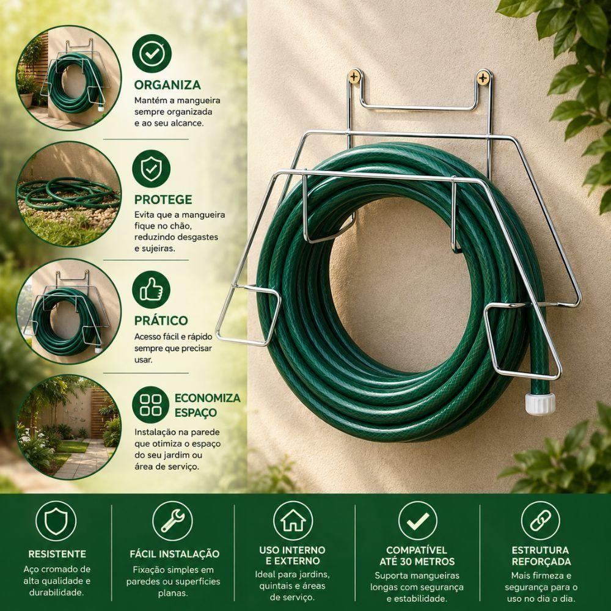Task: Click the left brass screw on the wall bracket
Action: (354, 76)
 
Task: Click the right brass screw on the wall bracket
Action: (483, 78)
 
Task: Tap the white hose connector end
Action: (540, 404)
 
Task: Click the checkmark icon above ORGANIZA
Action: (152, 53)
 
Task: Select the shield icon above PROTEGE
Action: (151, 169)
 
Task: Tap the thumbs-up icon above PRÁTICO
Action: (151, 290)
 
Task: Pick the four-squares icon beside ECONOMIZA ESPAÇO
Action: (150, 405)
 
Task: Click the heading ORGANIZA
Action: (167, 85)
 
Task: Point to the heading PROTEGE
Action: (163, 200)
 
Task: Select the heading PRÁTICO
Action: (161, 320)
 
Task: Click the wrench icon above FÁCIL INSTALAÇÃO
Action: (173, 521)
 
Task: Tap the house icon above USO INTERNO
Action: (293, 521)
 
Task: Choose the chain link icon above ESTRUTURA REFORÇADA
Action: (541, 521)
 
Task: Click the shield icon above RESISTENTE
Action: (56, 521)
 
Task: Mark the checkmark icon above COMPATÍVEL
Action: (418, 521)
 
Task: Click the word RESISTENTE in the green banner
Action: (57, 554)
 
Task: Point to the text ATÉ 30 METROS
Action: (417, 562)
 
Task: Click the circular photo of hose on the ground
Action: (68, 194)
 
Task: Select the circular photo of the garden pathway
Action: (68, 427)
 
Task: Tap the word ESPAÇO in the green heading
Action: (196, 412)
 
